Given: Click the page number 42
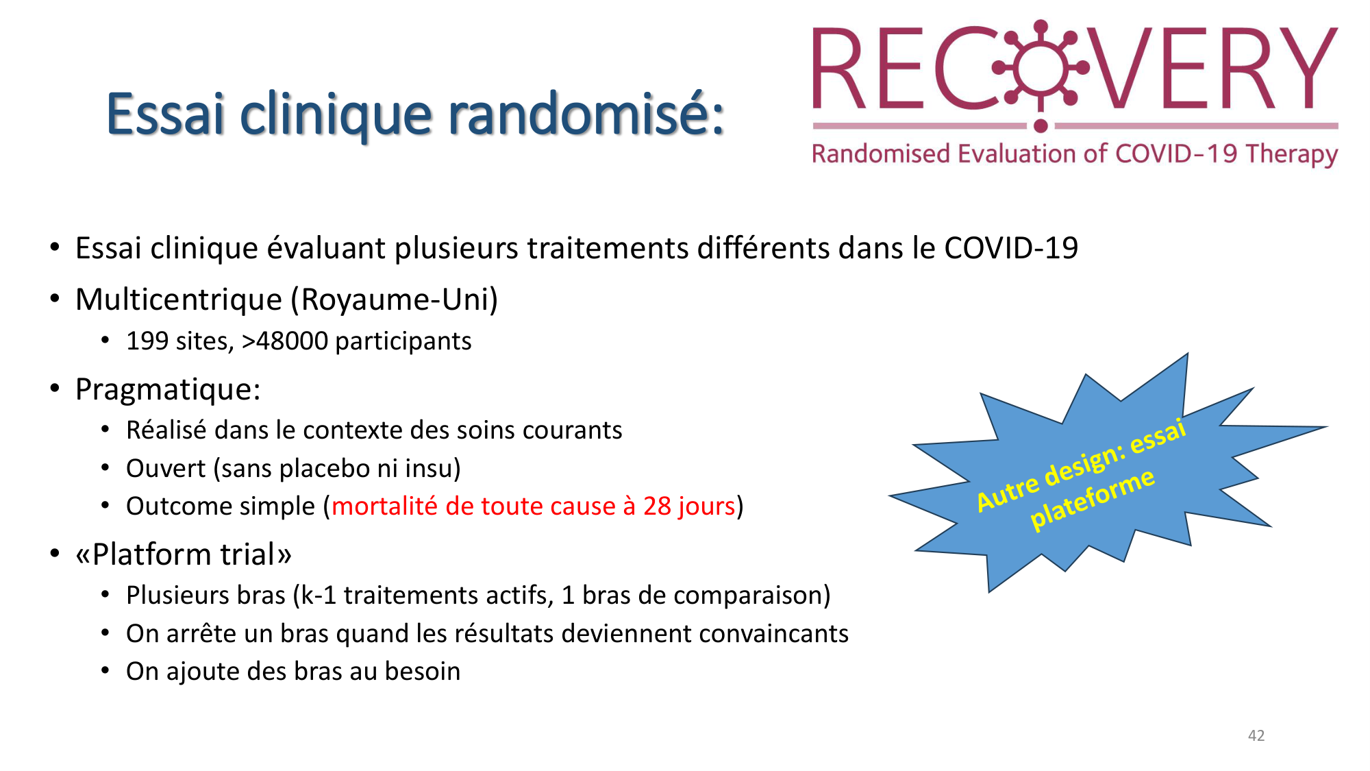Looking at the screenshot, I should (1256, 735).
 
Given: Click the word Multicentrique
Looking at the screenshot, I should (179, 299).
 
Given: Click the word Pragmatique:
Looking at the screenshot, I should (168, 389).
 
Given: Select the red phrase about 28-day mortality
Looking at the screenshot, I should (533, 506).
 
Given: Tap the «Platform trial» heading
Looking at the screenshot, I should (184, 554).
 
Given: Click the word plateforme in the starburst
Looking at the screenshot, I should (1092, 500).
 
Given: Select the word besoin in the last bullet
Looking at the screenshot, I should (422, 672).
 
